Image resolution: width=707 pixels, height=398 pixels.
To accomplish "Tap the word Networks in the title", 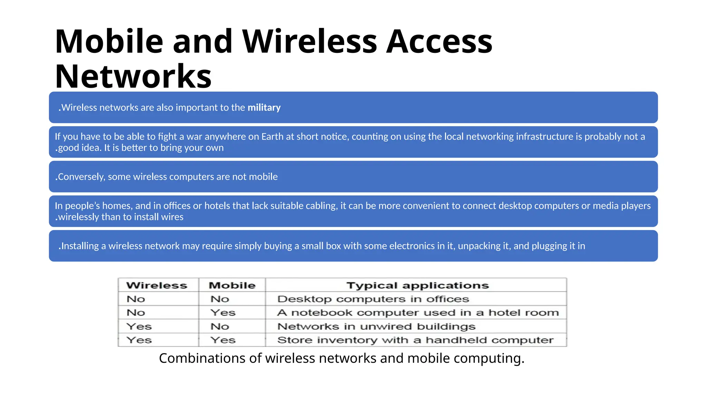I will click(x=133, y=76).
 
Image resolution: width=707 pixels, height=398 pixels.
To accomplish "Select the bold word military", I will click(x=264, y=107).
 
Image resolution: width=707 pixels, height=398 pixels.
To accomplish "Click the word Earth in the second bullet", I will click(x=272, y=136).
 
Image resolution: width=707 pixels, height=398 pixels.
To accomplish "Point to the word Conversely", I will click(x=81, y=177).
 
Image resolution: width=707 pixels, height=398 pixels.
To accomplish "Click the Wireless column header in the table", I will click(x=157, y=285).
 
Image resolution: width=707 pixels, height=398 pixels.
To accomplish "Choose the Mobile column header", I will click(x=232, y=285).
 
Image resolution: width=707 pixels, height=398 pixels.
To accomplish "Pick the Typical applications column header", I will click(x=418, y=285).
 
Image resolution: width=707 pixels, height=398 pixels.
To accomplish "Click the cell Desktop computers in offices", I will click(x=373, y=299).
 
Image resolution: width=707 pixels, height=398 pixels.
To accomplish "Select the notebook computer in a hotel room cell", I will click(x=418, y=313).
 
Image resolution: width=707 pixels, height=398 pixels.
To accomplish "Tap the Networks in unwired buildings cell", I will click(x=376, y=326).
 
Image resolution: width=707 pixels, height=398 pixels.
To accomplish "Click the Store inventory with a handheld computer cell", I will click(x=415, y=340).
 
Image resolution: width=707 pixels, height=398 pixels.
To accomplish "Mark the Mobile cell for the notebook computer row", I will click(x=223, y=313).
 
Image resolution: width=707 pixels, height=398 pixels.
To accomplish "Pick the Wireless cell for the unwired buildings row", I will click(x=139, y=326).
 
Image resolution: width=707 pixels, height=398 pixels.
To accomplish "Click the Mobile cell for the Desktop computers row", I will click(x=220, y=299).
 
